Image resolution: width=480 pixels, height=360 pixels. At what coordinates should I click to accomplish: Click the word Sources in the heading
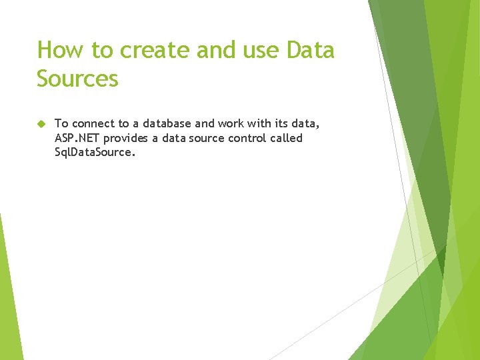(x=77, y=79)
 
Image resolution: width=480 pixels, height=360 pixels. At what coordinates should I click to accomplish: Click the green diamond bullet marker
(x=41, y=124)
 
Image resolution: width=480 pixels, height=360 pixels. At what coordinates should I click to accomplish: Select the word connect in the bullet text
(x=92, y=123)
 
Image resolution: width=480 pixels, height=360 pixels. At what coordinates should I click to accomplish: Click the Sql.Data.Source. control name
(x=95, y=153)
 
